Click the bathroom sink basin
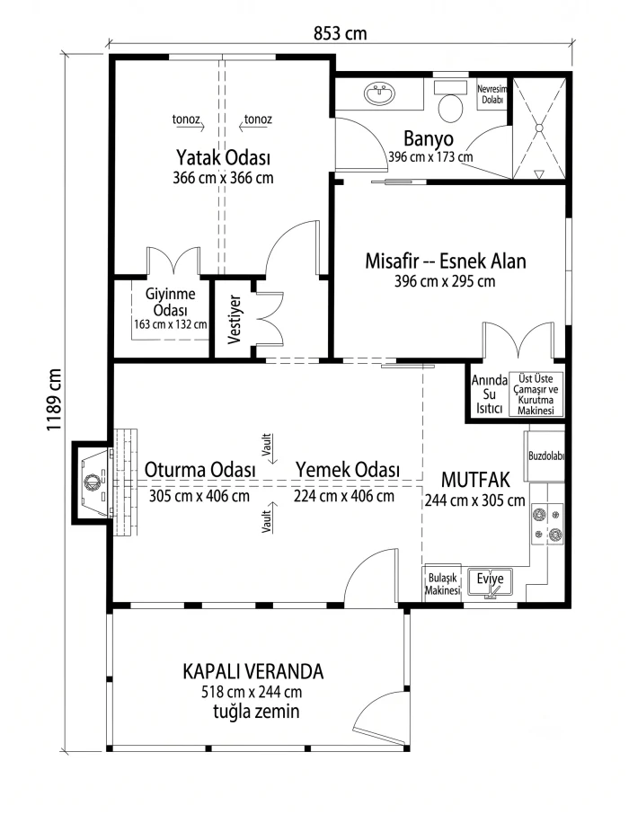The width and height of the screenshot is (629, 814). click(380, 94)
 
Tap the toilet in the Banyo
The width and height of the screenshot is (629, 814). click(450, 101)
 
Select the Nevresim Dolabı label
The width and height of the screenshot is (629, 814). click(492, 94)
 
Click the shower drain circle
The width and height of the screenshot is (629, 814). click(539, 128)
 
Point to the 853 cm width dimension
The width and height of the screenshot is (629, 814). click(341, 34)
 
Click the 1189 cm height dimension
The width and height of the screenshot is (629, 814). click(54, 400)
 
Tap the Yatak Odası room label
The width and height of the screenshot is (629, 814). click(223, 156)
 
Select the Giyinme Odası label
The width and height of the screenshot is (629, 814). click(171, 302)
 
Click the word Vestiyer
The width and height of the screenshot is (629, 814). click(235, 319)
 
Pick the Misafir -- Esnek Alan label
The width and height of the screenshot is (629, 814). click(446, 261)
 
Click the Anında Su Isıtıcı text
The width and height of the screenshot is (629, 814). click(490, 394)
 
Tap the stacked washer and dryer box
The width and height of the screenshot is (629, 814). click(536, 394)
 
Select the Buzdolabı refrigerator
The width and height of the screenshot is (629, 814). click(545, 456)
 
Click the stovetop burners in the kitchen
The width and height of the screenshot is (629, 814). click(547, 525)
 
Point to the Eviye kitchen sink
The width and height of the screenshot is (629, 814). click(490, 582)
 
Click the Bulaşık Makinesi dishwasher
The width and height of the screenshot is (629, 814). click(442, 583)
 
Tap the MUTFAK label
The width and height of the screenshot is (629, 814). click(475, 480)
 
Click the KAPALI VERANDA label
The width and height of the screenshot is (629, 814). click(253, 671)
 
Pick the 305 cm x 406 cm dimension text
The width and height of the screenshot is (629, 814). click(199, 496)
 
